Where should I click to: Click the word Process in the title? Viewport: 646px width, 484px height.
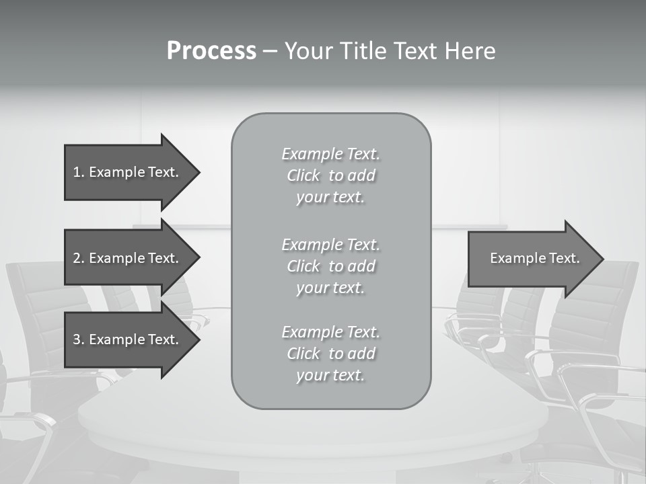click(x=211, y=51)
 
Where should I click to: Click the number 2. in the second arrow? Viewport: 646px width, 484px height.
click(x=79, y=258)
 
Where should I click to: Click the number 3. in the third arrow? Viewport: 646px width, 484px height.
click(x=79, y=339)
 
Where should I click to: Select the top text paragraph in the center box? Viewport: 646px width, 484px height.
click(x=330, y=175)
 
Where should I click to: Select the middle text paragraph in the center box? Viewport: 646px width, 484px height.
click(x=330, y=266)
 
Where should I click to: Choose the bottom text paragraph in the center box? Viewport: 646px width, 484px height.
click(x=330, y=354)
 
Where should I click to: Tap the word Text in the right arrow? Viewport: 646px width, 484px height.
click(x=564, y=258)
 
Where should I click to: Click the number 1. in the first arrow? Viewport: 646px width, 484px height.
click(x=79, y=172)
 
